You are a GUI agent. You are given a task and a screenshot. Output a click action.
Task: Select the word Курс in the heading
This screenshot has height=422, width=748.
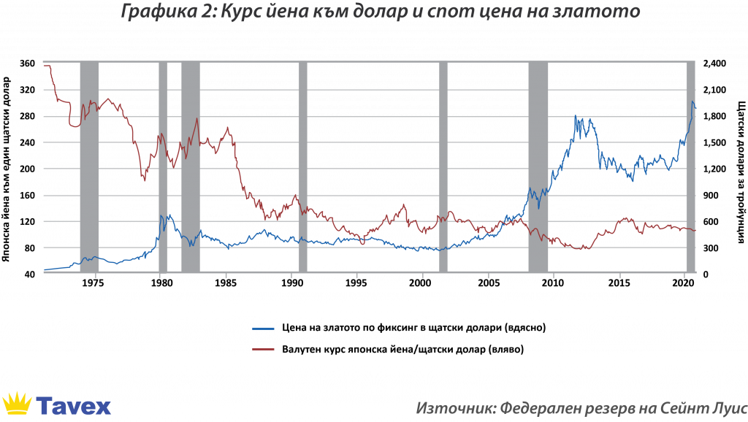pyautogui.click(x=232, y=12)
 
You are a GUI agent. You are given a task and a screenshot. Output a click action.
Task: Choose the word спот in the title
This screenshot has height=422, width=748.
pyautogui.click(x=457, y=12)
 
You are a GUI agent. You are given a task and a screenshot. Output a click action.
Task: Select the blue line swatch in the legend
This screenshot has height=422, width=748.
pyautogui.click(x=263, y=329)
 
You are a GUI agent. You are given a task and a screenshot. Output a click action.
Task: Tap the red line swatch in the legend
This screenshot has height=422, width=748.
pyautogui.click(x=263, y=349)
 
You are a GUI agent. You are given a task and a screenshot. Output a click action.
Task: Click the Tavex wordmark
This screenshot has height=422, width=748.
pyautogui.click(x=73, y=405)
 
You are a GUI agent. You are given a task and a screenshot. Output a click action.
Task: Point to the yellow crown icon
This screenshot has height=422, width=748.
pyautogui.click(x=17, y=403)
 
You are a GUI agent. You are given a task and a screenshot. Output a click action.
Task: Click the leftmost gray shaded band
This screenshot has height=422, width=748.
pyautogui.click(x=88, y=168)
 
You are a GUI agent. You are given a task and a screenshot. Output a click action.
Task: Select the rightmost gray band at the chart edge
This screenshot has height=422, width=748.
pyautogui.click(x=691, y=168)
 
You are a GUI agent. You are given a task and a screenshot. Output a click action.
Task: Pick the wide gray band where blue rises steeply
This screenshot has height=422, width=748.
pyautogui.click(x=538, y=168)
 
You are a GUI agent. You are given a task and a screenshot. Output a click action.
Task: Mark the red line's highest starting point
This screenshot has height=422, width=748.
pyautogui.click(x=46, y=66)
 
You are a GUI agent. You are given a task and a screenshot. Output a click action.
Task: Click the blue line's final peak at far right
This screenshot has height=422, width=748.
pyautogui.click(x=693, y=102)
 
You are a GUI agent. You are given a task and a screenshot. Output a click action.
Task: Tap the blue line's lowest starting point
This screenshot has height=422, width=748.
pyautogui.click(x=45, y=270)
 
